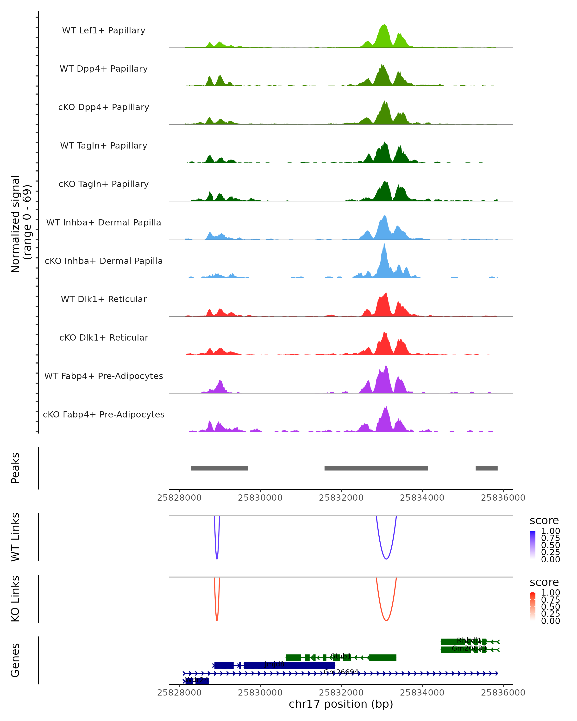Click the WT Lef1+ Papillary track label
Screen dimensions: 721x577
104,31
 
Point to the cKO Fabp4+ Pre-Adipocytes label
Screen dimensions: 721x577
104,414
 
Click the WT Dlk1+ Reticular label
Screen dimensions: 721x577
104,299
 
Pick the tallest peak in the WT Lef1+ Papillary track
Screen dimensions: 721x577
384,25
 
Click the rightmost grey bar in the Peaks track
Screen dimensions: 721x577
486,468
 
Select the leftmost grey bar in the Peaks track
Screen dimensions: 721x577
220,468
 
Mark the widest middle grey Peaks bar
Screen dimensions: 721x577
376,468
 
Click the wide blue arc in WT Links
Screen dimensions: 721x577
386,559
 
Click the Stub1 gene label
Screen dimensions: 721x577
341,656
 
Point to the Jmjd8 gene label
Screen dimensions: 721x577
274,664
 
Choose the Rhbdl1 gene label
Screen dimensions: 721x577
469,640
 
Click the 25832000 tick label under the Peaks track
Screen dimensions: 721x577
341,498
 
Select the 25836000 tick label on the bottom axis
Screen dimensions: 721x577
503,693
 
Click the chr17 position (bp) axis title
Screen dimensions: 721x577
341,704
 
